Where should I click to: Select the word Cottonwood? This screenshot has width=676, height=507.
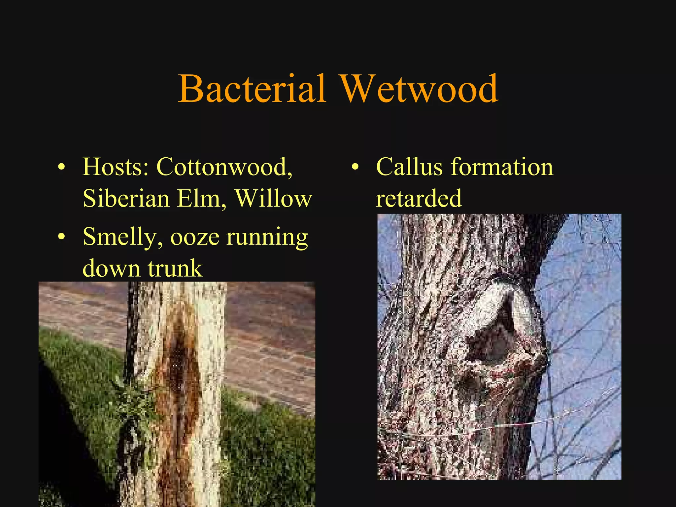pos(224,167)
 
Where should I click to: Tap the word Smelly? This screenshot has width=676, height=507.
pos(122,237)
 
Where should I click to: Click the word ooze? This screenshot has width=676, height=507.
pos(195,237)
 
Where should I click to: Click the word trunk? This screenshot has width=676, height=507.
pos(175,268)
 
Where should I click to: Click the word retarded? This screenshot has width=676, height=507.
pos(419,198)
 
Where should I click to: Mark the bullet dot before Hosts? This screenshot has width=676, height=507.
pos(61,167)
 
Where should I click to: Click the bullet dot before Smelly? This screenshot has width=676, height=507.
pos(61,237)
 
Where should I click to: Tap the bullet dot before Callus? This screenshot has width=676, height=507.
pos(355,167)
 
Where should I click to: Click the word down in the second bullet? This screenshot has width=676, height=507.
pos(111,268)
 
